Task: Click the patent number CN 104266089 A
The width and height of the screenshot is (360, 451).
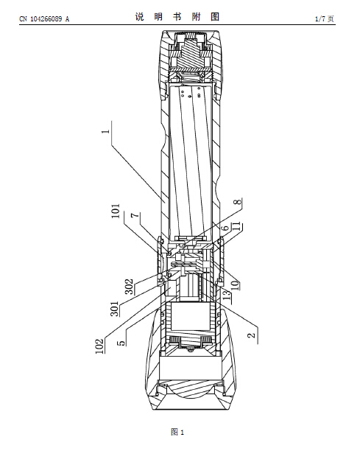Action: tap(44, 19)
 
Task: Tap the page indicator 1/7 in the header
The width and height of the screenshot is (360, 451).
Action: tap(320, 19)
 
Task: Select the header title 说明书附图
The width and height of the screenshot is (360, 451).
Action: tap(177, 17)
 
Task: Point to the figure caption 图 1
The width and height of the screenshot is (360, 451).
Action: tap(177, 432)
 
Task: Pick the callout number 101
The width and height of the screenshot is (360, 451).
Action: tap(116, 211)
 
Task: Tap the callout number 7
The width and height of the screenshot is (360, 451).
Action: tap(135, 215)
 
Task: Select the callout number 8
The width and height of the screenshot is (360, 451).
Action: tap(238, 202)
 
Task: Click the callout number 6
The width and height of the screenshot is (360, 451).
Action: tap(226, 228)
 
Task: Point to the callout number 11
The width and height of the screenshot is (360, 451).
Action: tap(238, 226)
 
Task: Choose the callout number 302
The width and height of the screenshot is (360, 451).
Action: tap(130, 287)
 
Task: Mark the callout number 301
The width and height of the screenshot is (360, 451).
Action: tap(114, 309)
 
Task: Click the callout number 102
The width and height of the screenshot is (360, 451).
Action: tap(99, 346)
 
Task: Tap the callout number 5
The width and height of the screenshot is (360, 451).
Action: tap(121, 343)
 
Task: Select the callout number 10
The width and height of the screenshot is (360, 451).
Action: tap(235, 284)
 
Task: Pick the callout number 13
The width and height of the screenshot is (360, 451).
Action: tap(227, 295)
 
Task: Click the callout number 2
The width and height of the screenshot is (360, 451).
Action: tap(251, 335)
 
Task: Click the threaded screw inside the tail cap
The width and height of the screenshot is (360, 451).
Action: tap(189, 54)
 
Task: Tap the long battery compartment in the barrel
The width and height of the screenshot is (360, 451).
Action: tap(191, 161)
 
